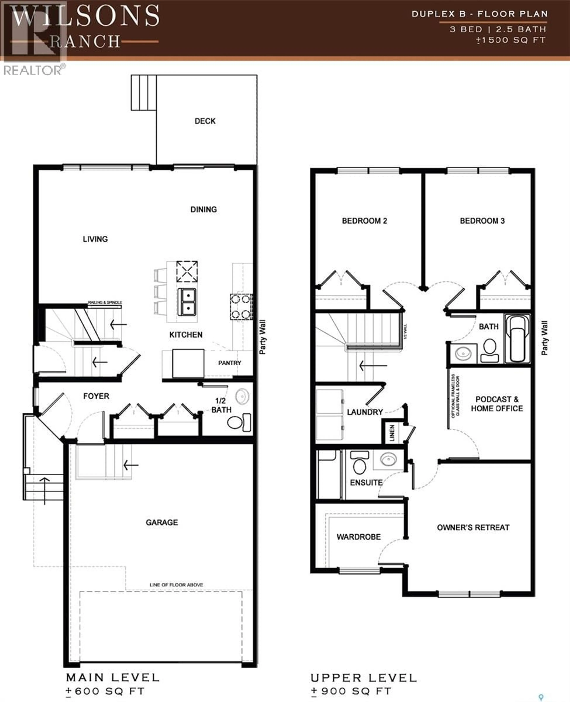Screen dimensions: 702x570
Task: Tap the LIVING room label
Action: [95, 239]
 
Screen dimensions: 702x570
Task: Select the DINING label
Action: [204, 210]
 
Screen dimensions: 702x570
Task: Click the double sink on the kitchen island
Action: [187, 302]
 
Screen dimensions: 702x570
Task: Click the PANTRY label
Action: [229, 363]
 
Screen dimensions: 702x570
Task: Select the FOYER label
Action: [96, 396]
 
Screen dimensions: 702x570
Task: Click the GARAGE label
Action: [162, 522]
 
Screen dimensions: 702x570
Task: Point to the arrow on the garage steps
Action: [131, 465]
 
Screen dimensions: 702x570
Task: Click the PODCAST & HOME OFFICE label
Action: [497, 404]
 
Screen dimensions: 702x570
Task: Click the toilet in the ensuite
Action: [360, 463]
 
